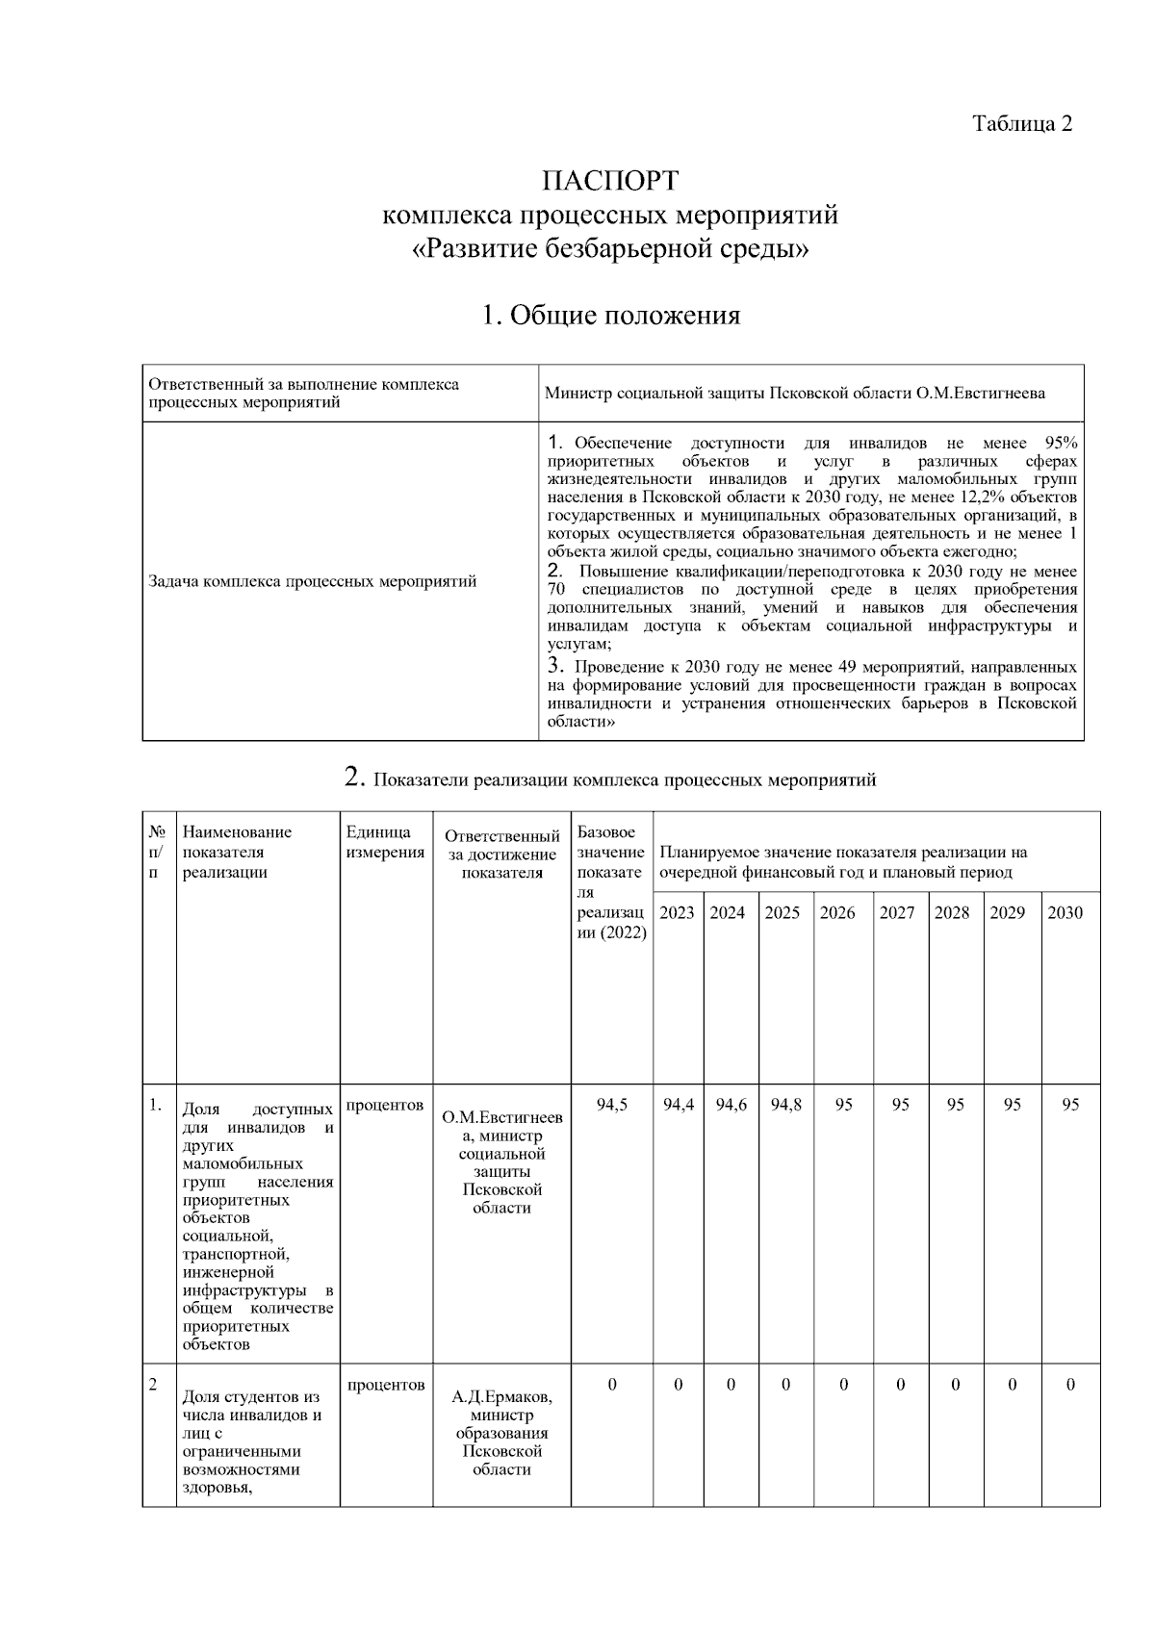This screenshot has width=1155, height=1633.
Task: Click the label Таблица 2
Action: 1021,124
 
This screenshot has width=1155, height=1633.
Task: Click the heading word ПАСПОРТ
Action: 609,181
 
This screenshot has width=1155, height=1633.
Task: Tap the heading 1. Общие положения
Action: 610,315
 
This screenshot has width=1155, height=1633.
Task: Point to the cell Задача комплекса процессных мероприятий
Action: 313,581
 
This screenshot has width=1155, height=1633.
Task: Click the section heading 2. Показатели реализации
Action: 610,778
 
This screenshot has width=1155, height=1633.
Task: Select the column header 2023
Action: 677,912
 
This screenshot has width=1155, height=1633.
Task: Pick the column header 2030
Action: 1065,912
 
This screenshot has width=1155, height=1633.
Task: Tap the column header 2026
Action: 836,912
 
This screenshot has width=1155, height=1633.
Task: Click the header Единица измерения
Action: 384,842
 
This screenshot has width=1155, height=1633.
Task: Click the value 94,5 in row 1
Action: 611,1105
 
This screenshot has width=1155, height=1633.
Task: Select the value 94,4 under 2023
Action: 678,1105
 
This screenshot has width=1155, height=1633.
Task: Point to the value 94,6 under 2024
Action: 731,1105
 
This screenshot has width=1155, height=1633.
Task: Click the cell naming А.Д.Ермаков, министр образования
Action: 501,1432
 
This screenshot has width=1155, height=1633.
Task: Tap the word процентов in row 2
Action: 385,1385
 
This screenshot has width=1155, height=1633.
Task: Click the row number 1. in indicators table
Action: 155,1105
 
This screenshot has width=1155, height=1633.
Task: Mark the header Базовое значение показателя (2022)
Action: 611,881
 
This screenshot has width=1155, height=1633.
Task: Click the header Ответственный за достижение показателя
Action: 501,855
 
